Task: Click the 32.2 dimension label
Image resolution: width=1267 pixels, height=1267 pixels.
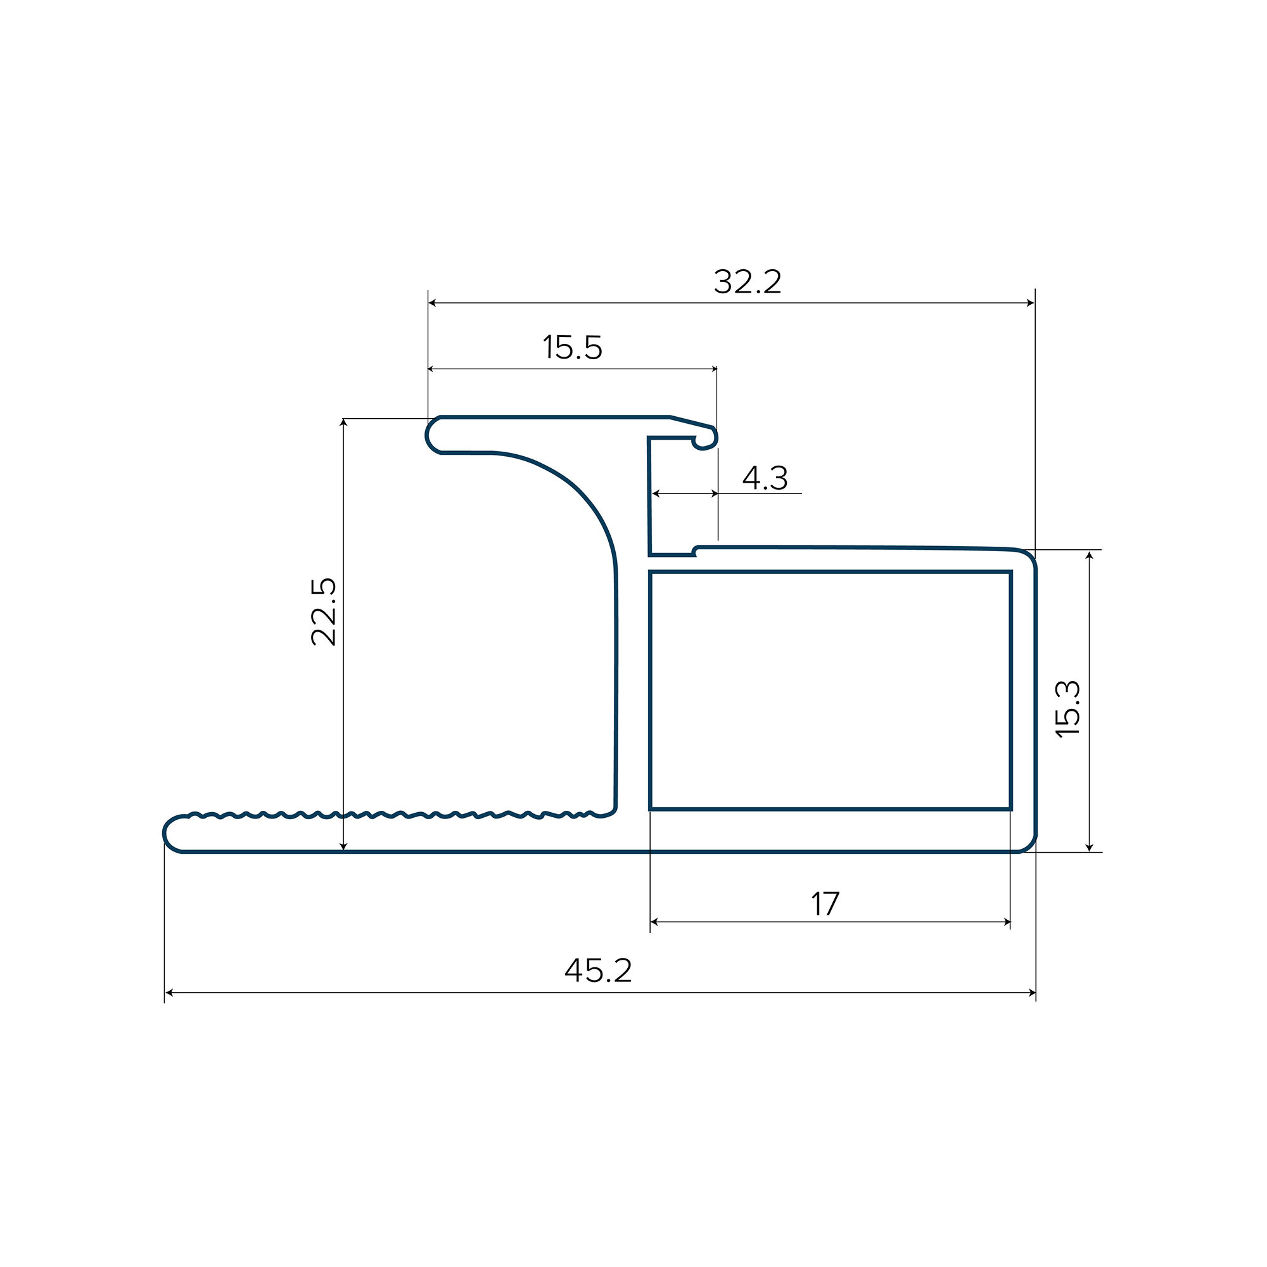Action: point(748,281)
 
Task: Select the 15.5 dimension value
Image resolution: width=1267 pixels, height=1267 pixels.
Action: point(573,348)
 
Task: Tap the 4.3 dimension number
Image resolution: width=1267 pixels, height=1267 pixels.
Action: point(765,478)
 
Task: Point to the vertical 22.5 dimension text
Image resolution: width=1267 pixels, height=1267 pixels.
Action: point(323,612)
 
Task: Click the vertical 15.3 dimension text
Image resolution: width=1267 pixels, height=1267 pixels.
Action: point(1067,710)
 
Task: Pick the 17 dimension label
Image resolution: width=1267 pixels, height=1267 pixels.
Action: point(825,904)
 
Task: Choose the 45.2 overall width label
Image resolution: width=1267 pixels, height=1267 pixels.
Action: point(598,971)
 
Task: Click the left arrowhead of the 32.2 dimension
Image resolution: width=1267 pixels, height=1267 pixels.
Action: point(432,303)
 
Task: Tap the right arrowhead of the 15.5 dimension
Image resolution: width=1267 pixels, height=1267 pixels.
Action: point(713,369)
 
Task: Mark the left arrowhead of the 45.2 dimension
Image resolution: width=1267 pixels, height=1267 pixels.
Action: point(169,993)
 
